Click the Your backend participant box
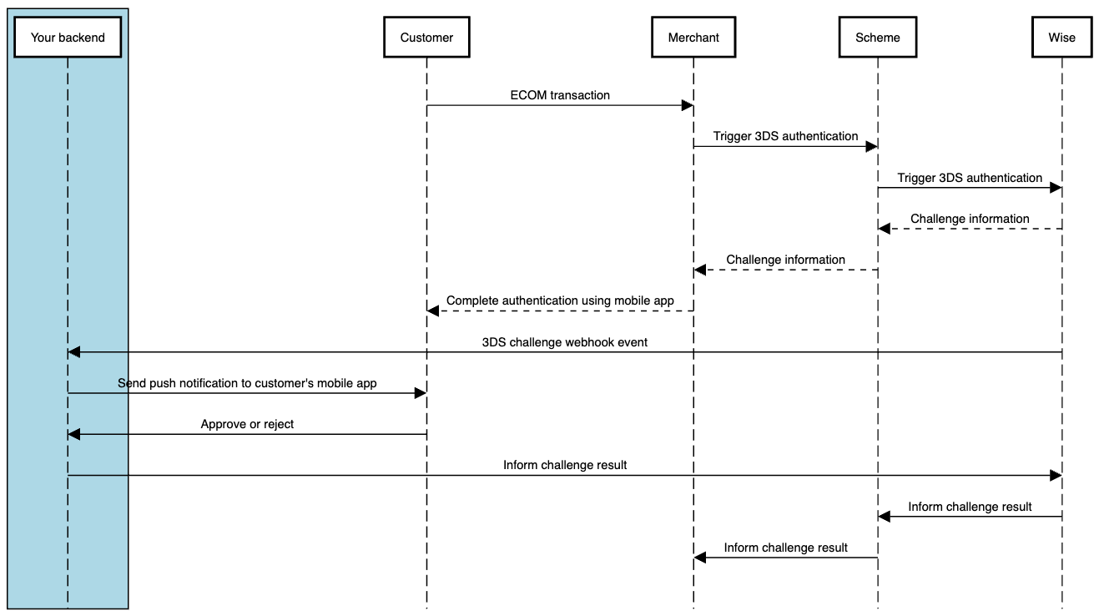[68, 38]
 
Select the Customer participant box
[426, 38]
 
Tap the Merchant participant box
[693, 38]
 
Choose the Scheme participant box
[878, 38]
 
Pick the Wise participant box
[1062, 38]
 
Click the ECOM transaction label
[560, 95]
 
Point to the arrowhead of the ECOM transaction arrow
[688, 105]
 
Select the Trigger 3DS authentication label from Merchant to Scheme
[785, 136]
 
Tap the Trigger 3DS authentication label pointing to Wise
[970, 178]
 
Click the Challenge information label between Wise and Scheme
[970, 219]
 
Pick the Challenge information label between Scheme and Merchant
[785, 260]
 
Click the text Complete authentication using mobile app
[560, 300]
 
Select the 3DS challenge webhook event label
[565, 342]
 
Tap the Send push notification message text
[247, 383]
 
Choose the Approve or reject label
[247, 424]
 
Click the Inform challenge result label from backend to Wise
[565, 465]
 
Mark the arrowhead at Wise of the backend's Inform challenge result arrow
[1056, 475]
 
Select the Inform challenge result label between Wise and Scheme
[970, 507]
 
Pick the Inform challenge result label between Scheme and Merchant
[785, 548]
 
